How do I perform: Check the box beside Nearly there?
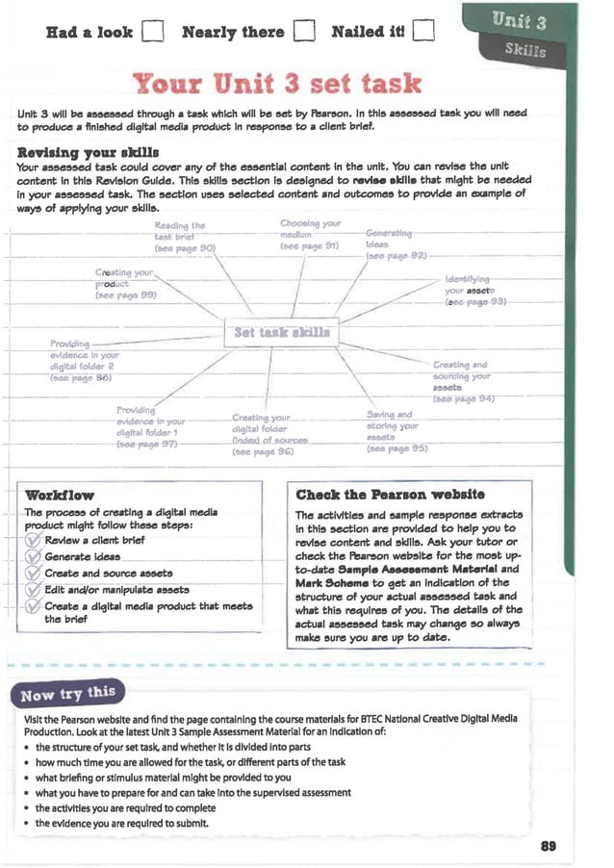pos(304,33)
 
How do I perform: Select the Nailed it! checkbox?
pos(424,33)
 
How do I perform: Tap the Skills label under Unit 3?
pos(524,50)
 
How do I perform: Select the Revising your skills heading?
pos(88,152)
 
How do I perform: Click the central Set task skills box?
pos(282,333)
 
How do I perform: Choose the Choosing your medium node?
pos(309,235)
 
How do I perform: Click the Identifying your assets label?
pos(472,289)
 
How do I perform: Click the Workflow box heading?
pos(60,495)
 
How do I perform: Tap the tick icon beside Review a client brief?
pos(33,541)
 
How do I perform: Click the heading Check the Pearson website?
pos(390,495)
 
